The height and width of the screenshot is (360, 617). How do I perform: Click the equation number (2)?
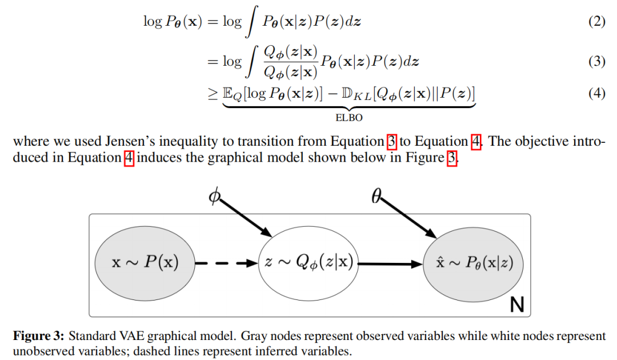597,22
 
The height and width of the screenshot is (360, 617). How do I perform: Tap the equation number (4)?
597,93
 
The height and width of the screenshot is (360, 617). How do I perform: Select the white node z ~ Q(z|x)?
308,263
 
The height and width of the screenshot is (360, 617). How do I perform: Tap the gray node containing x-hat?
473,263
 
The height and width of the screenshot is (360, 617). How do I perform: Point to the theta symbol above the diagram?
376,197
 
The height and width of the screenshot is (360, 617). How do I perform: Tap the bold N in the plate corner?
516,305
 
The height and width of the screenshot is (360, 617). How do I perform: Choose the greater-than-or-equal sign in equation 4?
213,93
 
